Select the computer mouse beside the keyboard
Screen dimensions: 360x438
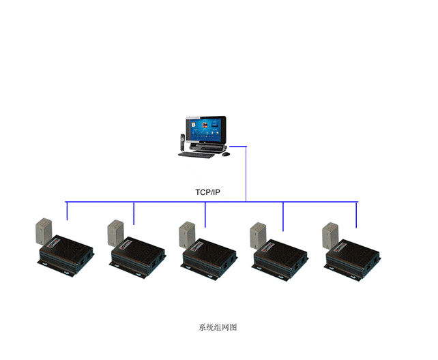point(226,154)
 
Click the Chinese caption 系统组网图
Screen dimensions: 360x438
point(218,327)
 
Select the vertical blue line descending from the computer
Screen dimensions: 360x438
point(246,174)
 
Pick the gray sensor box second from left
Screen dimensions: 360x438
point(115,232)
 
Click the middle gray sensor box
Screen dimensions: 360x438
point(188,233)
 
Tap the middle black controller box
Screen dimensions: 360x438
point(210,257)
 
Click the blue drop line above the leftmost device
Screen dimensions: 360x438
point(67,211)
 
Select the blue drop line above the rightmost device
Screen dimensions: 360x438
point(356,215)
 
